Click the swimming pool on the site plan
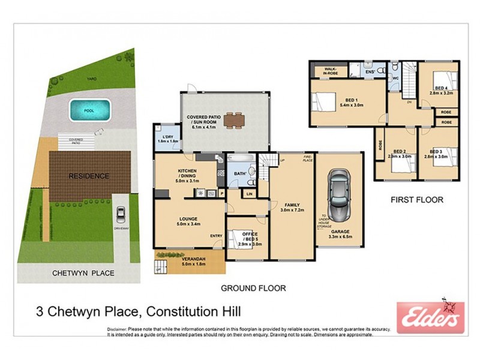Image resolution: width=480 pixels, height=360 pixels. tap(90, 110)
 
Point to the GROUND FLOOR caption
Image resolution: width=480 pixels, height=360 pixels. tap(253, 288)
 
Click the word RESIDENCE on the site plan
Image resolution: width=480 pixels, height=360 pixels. tap(88, 176)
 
